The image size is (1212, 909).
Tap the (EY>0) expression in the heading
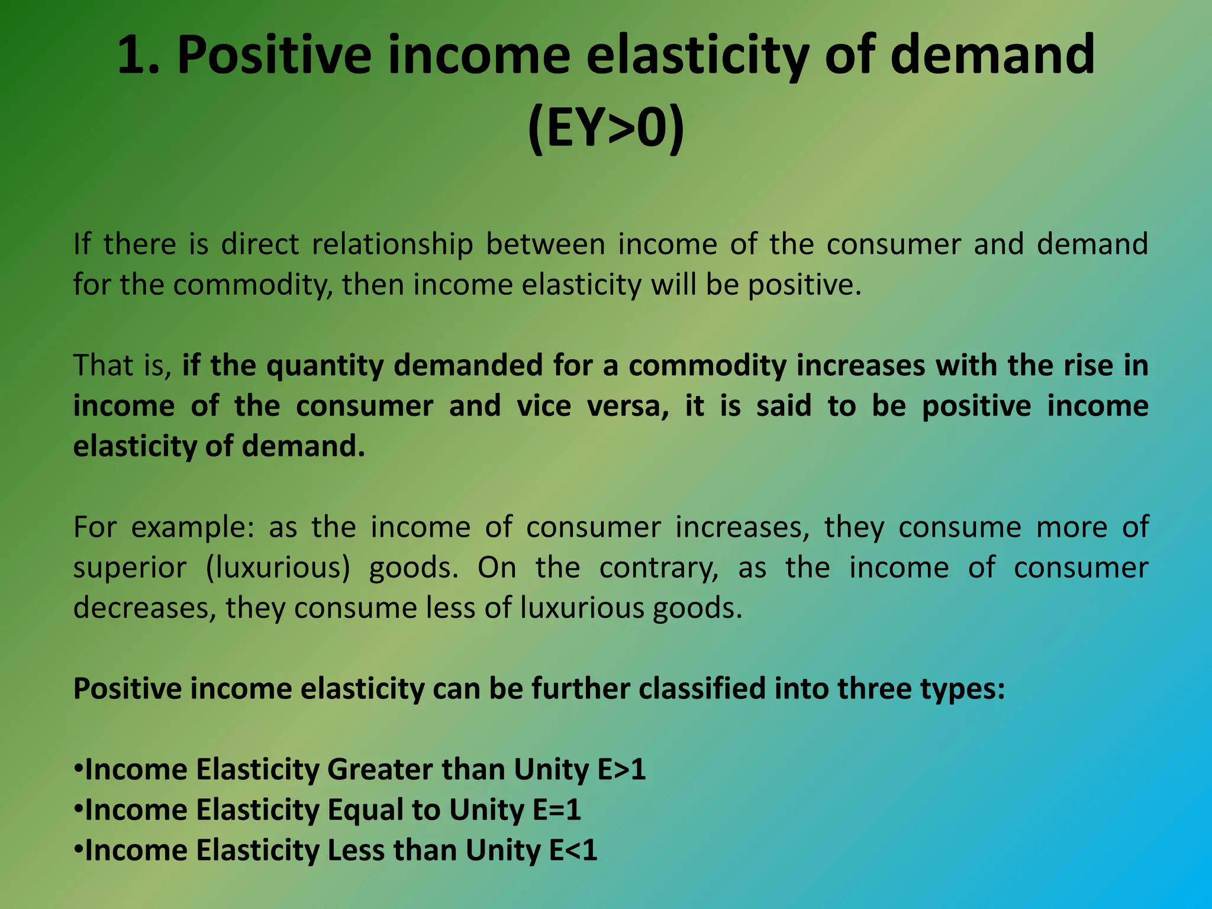click(605, 130)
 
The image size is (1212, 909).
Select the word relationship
click(392, 244)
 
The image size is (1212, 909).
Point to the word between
click(546, 244)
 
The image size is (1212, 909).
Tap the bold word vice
click(543, 406)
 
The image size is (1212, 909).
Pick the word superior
click(130, 568)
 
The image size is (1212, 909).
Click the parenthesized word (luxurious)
click(278, 568)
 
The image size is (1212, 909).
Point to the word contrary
click(659, 568)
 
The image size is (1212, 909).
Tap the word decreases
click(144, 608)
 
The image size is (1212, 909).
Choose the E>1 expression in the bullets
click(621, 770)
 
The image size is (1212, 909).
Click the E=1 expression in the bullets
click(557, 810)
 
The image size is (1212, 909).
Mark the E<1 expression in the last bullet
click(573, 850)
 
